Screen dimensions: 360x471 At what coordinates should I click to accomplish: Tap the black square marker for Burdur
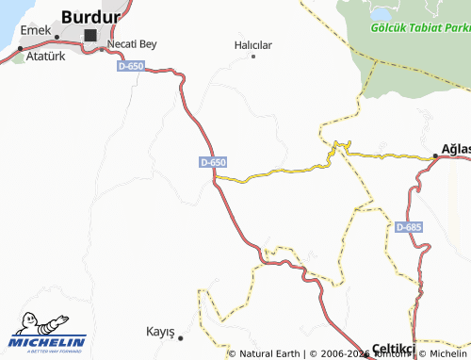pos(90,36)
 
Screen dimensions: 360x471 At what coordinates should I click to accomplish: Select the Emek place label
pos(35,30)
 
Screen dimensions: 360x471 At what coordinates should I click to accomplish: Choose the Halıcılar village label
pos(252,44)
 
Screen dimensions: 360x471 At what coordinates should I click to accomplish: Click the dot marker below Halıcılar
pos(253,57)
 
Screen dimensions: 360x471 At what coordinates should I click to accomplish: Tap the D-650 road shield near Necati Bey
pos(131,67)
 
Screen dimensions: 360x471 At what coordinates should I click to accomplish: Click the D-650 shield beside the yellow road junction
pos(213,162)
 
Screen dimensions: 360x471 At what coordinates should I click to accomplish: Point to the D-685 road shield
pos(409,227)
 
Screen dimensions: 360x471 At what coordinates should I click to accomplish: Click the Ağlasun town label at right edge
pos(456,150)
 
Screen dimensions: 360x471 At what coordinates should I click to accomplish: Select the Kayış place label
pos(160,332)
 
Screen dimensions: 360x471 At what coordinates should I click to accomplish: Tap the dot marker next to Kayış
pos(180,336)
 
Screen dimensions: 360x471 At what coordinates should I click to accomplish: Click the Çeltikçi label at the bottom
pos(394,348)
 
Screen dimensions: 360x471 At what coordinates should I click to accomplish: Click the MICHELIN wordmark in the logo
pos(48,341)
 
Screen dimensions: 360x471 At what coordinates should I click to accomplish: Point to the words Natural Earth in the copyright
pos(268,353)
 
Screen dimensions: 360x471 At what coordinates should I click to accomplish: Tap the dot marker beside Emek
pos(56,38)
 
